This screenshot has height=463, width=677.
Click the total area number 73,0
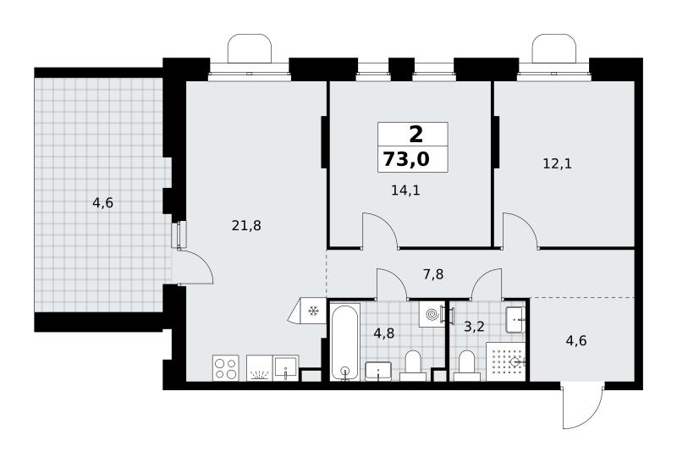[406, 159]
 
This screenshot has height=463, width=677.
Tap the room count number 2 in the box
[416, 135]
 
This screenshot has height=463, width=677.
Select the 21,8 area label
[246, 225]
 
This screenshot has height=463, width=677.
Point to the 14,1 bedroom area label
[405, 190]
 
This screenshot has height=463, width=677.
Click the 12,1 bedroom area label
[557, 163]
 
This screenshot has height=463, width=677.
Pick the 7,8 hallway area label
[433, 274]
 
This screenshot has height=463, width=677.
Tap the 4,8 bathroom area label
[383, 333]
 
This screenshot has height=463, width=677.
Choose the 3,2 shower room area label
[474, 326]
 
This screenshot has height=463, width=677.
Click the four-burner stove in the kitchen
[226, 368]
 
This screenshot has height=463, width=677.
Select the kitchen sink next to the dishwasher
[286, 368]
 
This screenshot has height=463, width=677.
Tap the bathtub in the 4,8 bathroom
[344, 343]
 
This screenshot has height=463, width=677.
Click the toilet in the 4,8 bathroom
[413, 366]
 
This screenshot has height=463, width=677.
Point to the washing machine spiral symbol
[432, 314]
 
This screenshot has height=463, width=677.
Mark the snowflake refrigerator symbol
[313, 311]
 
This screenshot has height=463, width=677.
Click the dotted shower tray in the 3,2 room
[506, 362]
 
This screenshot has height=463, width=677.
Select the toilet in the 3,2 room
[466, 366]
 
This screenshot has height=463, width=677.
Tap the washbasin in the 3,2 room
[515, 320]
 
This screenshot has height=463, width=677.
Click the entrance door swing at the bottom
[583, 406]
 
